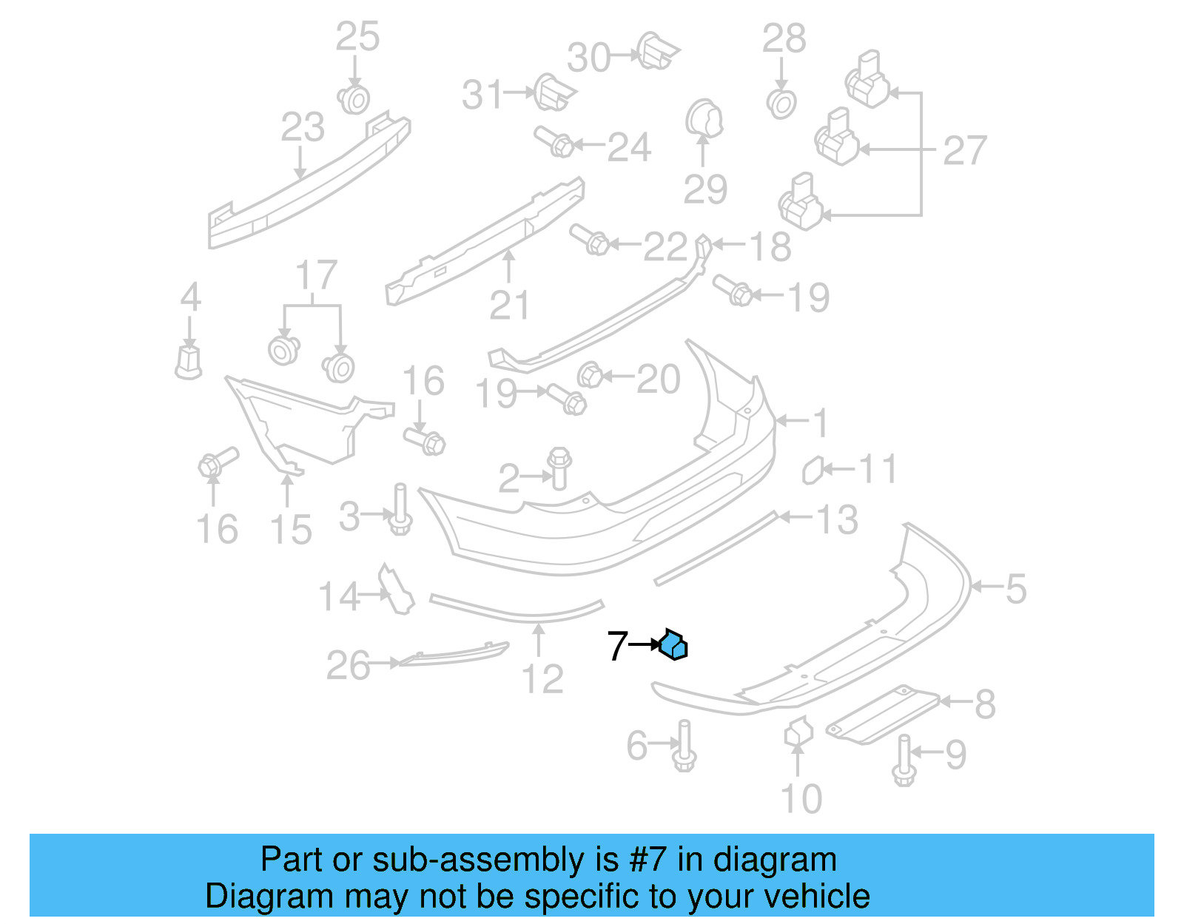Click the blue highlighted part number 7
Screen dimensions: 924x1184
tap(674, 644)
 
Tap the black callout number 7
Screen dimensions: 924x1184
tap(617, 646)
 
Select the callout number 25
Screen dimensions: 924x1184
tap(357, 36)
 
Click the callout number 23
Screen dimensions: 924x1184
tap(303, 127)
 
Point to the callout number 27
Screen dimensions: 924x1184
tap(964, 151)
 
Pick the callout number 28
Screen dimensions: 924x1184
tap(784, 38)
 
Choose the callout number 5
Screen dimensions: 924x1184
tap(1015, 589)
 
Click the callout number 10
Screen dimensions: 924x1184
tap(801, 799)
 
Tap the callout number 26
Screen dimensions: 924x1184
tap(348, 665)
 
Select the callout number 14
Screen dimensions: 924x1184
tap(338, 596)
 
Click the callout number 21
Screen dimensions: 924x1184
tap(510, 305)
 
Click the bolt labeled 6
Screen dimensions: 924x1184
tap(684, 747)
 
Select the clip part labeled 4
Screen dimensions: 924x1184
tap(189, 361)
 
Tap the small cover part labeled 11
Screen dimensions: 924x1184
tap(813, 470)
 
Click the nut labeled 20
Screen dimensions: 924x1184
tap(591, 375)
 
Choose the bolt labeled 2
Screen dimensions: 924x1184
tap(559, 468)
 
